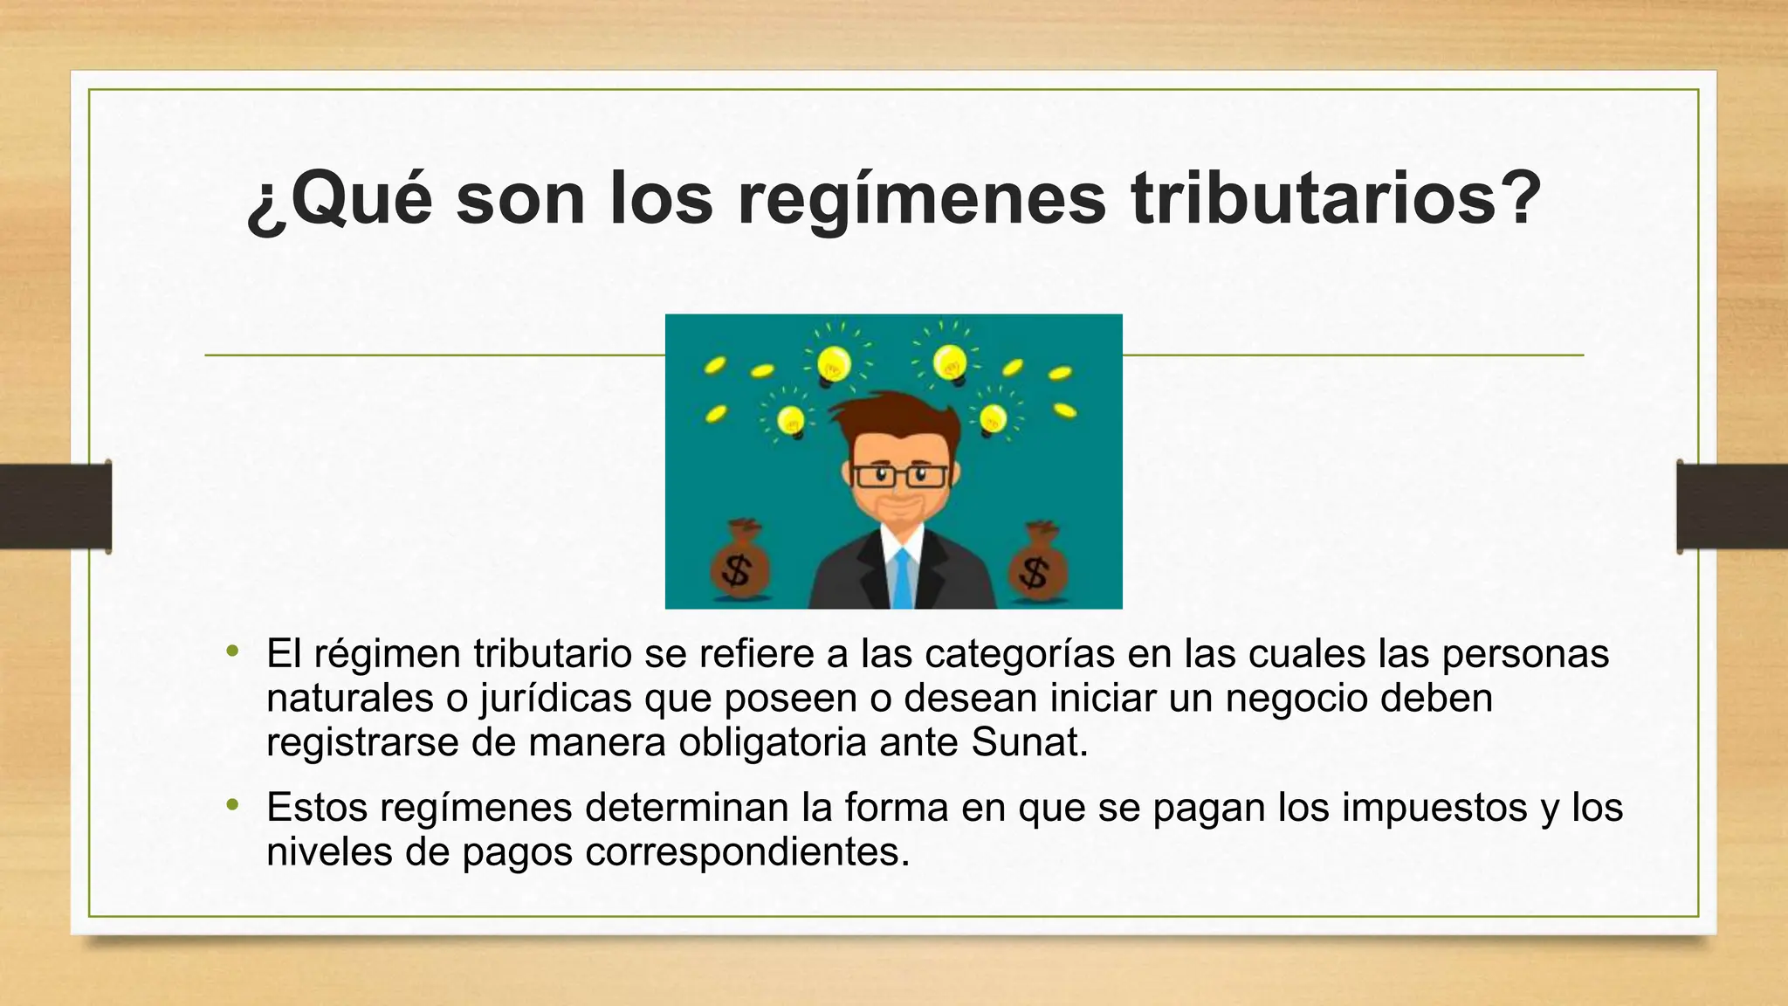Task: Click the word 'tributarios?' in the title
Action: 1336,199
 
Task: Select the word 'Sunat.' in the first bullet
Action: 1029,742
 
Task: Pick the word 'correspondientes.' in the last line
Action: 747,851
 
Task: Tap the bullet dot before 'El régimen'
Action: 231,651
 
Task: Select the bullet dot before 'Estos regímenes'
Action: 231,805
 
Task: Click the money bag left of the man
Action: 739,563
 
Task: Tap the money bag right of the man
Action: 1036,565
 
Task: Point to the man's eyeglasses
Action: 899,476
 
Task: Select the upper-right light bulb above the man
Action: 949,361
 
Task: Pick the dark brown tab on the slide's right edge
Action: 1732,507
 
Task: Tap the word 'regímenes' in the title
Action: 922,199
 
